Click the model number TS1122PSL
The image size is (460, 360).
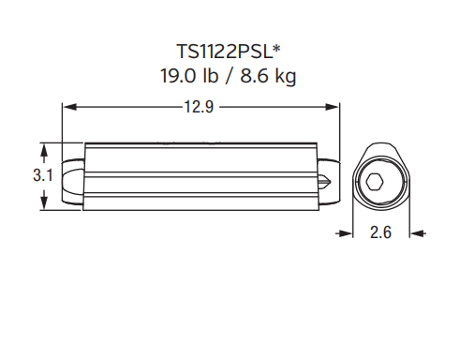tap(225, 52)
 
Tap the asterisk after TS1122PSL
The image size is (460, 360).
tap(277, 49)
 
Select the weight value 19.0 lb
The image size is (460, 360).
tap(189, 75)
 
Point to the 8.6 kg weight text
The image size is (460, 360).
tap(268, 76)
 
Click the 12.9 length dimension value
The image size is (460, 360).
tap(200, 107)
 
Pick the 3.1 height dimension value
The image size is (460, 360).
tap(43, 175)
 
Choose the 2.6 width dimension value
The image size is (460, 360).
tap(380, 232)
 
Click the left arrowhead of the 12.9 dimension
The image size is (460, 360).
tap(70, 107)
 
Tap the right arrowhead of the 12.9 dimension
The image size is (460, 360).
tap(332, 107)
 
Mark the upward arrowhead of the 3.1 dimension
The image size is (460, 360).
tap(44, 150)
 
